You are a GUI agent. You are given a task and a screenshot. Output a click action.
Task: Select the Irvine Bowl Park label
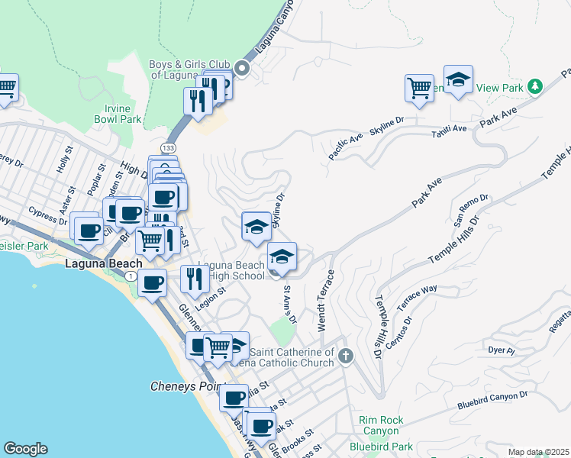(x=118, y=114)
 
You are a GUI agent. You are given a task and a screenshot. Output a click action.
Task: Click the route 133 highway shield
(x=166, y=146)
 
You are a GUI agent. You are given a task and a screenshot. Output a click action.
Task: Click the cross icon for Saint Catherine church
(x=346, y=356)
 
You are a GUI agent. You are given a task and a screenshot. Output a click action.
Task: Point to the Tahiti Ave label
(x=449, y=129)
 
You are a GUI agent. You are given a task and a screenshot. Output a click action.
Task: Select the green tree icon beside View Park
(x=535, y=85)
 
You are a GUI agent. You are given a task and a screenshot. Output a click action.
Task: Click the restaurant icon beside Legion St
(x=195, y=278)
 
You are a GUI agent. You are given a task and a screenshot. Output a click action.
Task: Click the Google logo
(x=25, y=449)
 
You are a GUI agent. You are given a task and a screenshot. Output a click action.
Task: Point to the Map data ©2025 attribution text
(x=537, y=452)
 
